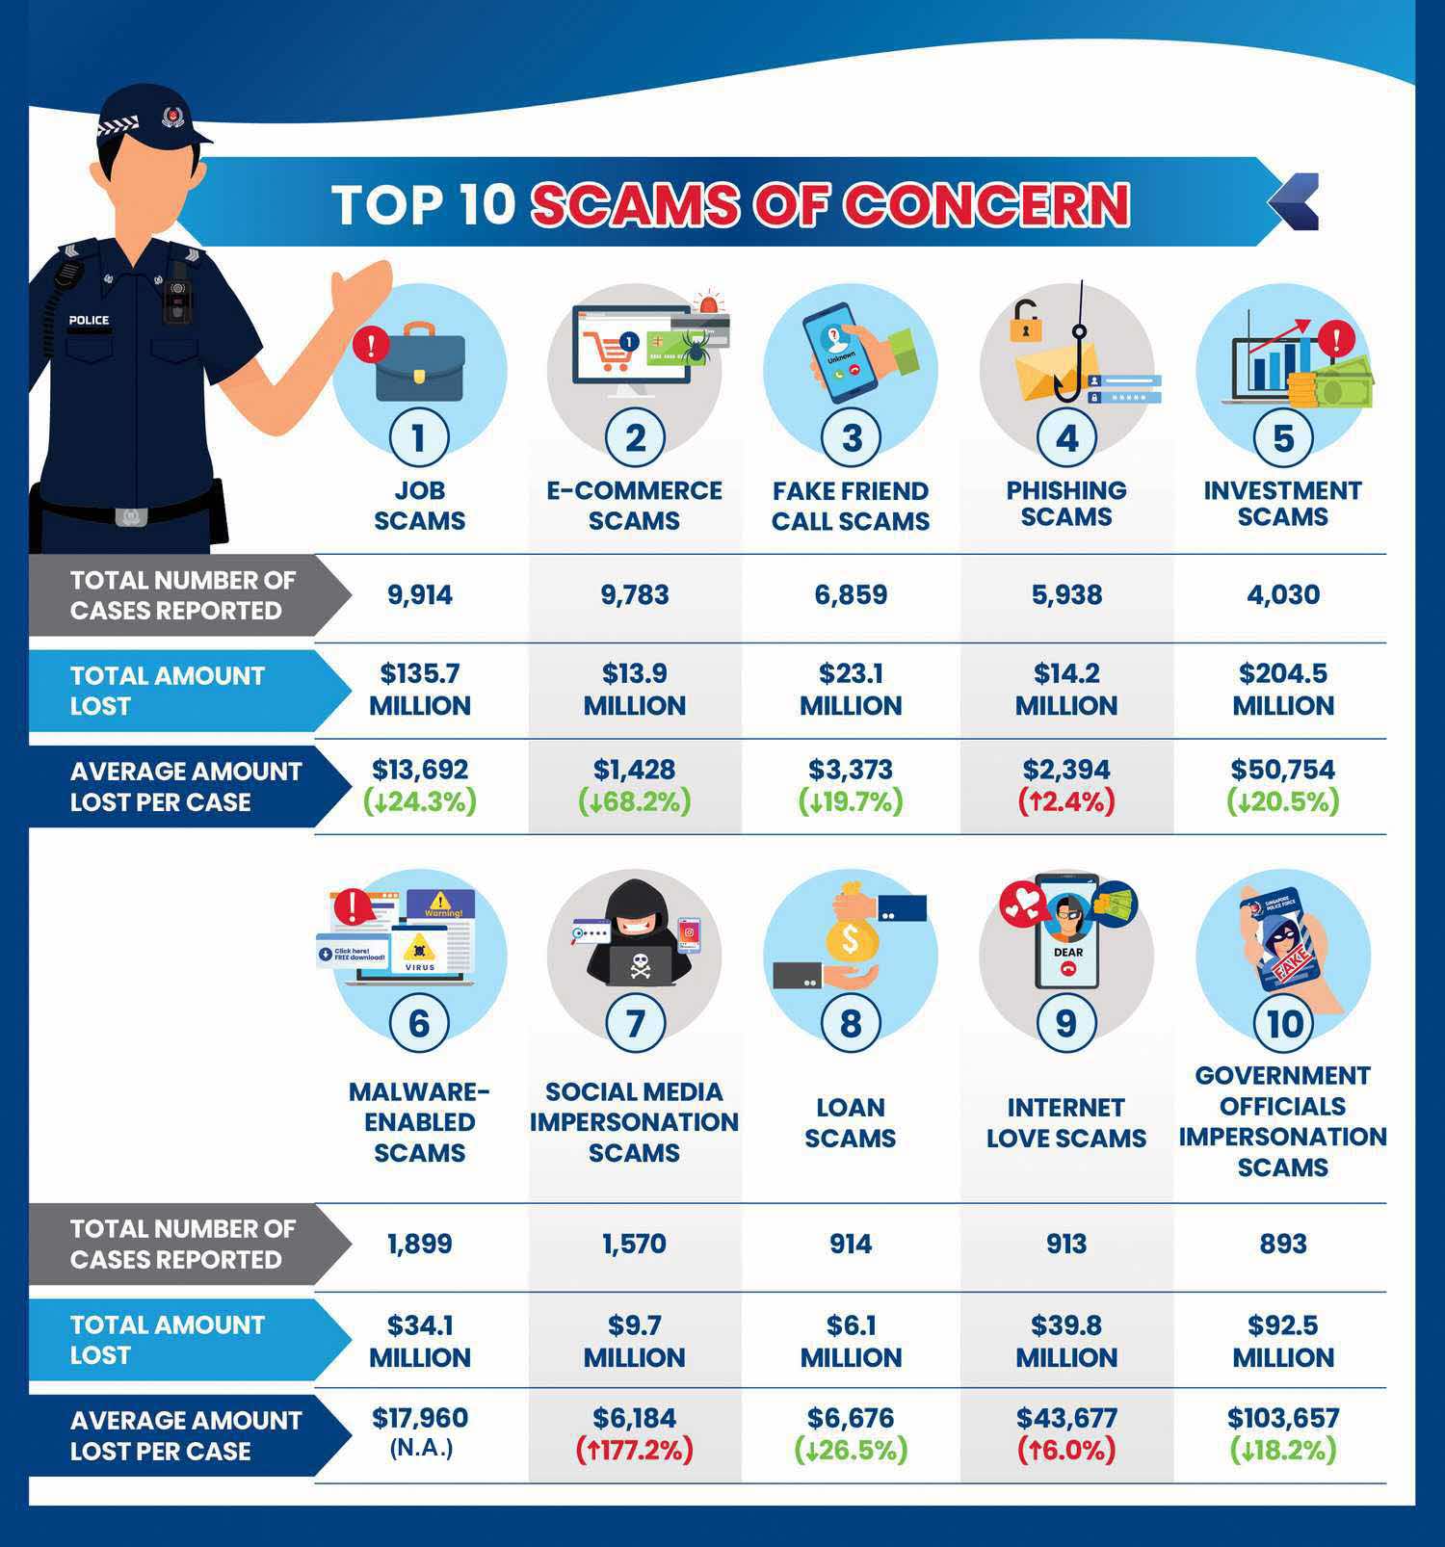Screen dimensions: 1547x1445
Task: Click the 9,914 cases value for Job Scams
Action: pyautogui.click(x=419, y=595)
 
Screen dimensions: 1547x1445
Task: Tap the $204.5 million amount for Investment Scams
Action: pyautogui.click(x=1282, y=690)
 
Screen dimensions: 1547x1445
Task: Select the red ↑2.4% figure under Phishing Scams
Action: pyautogui.click(x=1066, y=801)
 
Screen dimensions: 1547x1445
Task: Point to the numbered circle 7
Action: pyautogui.click(x=635, y=1023)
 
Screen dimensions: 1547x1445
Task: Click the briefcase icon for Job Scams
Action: pyautogui.click(x=420, y=367)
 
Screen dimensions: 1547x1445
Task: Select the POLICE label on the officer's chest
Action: pyautogui.click(x=89, y=320)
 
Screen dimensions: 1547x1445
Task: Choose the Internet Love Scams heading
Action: pyautogui.click(x=1066, y=1122)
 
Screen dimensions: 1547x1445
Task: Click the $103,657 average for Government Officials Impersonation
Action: pyautogui.click(x=1282, y=1418)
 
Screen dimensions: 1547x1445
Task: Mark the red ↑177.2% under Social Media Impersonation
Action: pyautogui.click(x=635, y=1450)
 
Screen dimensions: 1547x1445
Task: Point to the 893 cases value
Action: pyautogui.click(x=1282, y=1244)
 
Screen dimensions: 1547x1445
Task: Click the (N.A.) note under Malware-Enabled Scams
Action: pyautogui.click(x=420, y=1448)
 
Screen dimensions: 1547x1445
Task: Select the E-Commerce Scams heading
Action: pyautogui.click(x=635, y=505)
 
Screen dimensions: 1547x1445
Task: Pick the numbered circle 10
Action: pyautogui.click(x=1283, y=1023)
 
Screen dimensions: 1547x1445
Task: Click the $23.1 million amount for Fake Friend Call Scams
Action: pyautogui.click(x=851, y=690)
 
